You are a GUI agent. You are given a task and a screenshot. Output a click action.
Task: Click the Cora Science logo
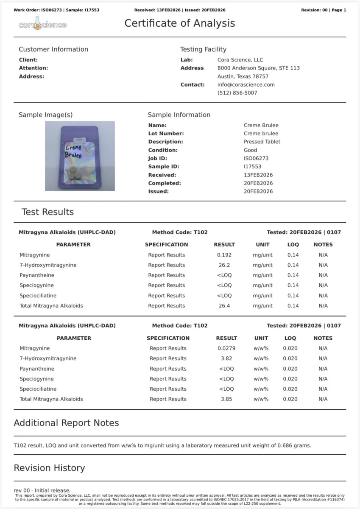point(42,25)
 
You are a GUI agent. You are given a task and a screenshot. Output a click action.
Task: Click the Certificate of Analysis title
point(179,23)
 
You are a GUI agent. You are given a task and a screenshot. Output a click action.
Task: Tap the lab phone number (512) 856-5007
point(237,93)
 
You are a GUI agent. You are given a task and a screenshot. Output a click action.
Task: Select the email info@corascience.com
point(246,84)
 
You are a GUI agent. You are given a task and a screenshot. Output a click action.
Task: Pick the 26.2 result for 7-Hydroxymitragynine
point(224,265)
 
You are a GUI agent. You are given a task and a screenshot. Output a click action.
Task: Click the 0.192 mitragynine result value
point(224,255)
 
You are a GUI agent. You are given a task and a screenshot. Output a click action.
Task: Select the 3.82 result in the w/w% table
point(226,358)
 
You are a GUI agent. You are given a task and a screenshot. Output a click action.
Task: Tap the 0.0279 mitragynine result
point(226,348)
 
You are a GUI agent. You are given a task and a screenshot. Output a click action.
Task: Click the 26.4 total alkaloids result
point(224,306)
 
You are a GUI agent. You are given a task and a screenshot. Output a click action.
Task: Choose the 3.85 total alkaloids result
point(226,399)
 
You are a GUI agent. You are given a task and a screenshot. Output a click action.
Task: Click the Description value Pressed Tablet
point(262,142)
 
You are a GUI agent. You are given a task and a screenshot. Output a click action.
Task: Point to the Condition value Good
point(250,150)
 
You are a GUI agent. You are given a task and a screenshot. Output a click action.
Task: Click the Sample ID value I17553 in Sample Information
point(252,167)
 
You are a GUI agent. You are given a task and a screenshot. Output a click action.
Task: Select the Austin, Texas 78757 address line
point(243,76)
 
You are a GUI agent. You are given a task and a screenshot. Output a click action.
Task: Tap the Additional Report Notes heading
point(66,423)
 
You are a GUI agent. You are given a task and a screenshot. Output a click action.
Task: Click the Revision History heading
point(49,468)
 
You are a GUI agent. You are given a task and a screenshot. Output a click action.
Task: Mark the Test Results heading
point(47,212)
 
